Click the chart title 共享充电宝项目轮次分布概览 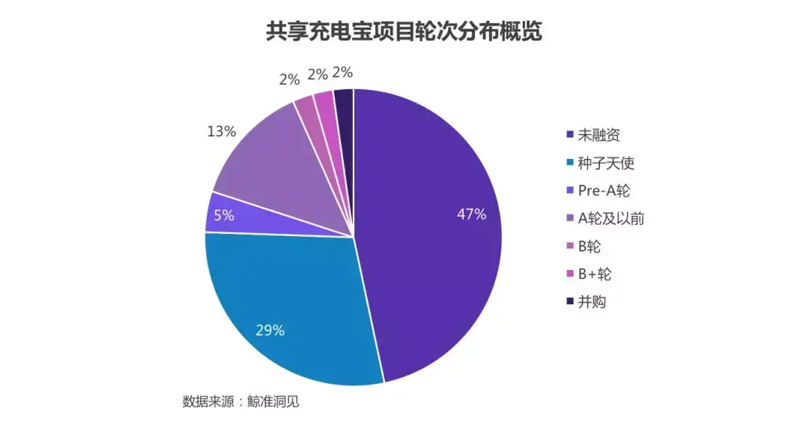point(404,32)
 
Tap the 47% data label point(471,214)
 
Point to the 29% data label point(270,330)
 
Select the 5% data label point(224,215)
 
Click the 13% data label point(221,132)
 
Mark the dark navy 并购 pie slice point(345,112)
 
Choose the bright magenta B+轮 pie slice point(327,112)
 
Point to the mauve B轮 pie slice point(307,116)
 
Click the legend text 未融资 point(599,136)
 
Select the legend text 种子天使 point(607,163)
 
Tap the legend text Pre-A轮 point(603,191)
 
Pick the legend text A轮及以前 point(611,219)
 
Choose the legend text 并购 point(592,302)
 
